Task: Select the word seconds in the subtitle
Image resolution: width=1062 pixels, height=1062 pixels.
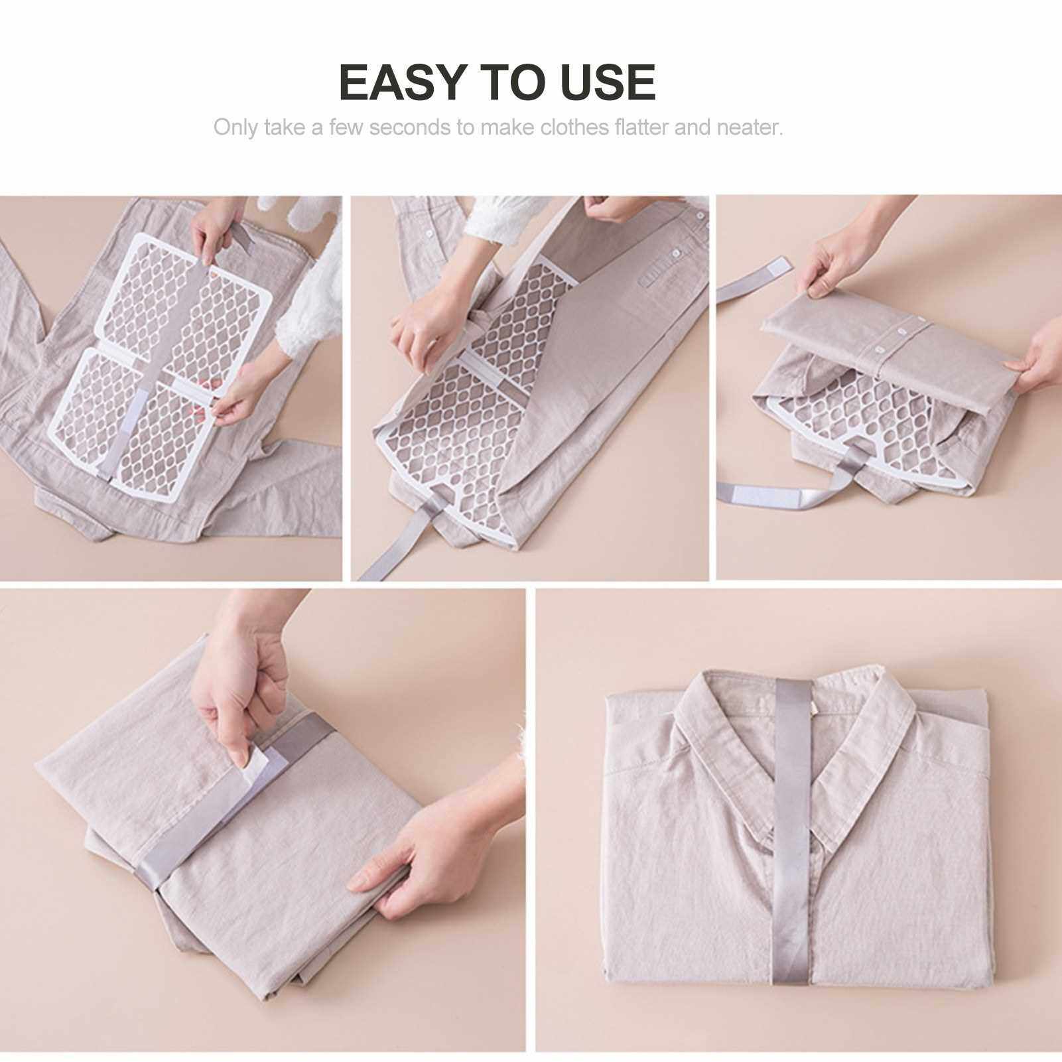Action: click(x=410, y=127)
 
